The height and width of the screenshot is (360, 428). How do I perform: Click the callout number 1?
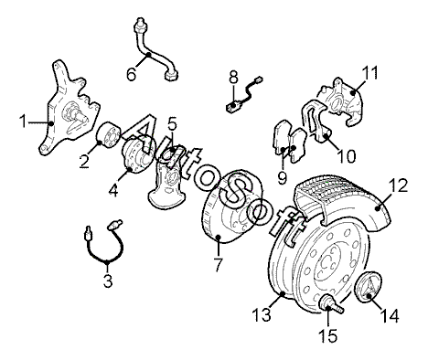coord(23,122)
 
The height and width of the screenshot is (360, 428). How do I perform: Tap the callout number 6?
coord(132,74)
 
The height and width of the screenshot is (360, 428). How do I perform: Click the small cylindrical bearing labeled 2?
coord(109,134)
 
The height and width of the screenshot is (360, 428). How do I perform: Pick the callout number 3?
coord(108,281)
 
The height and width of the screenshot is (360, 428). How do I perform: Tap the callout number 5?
coord(172,124)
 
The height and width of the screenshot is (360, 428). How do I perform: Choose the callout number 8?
coord(233,78)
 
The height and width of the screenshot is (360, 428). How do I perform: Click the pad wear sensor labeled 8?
coord(244,96)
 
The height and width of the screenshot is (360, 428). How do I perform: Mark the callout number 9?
coord(283,177)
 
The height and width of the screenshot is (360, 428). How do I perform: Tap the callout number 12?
coord(398,185)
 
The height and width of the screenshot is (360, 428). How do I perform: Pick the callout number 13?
coord(262,314)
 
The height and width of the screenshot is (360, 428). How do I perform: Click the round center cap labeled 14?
coord(369,286)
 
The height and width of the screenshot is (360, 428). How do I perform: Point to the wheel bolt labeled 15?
coord(331,304)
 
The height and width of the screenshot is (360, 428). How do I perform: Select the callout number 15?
coord(328,335)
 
